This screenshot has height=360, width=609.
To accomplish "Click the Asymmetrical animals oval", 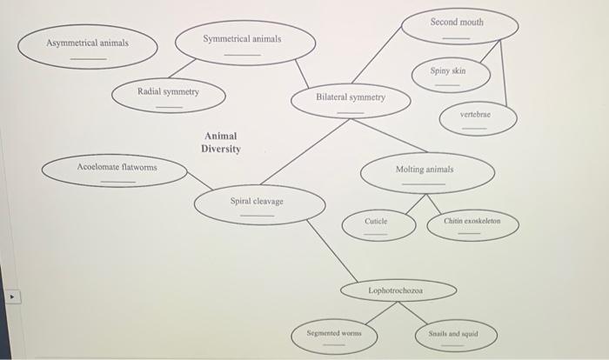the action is pos(87,49).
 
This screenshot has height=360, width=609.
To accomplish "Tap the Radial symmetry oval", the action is pos(169,97).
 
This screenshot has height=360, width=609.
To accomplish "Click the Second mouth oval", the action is pos(458,27).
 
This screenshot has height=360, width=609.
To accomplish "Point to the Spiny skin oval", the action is pos(448,76).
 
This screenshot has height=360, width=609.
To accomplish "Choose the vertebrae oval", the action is pos(476,119).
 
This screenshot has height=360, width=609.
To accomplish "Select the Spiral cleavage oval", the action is pos(258,206).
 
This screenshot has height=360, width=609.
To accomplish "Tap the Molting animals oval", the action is pos(425,174).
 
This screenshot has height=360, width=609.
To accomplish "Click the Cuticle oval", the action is pos(376,225).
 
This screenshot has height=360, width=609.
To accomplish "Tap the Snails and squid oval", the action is pos(452,337).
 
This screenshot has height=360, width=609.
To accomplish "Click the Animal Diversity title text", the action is pos(221,143).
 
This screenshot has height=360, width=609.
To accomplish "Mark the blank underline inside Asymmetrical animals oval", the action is pos(88,58).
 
